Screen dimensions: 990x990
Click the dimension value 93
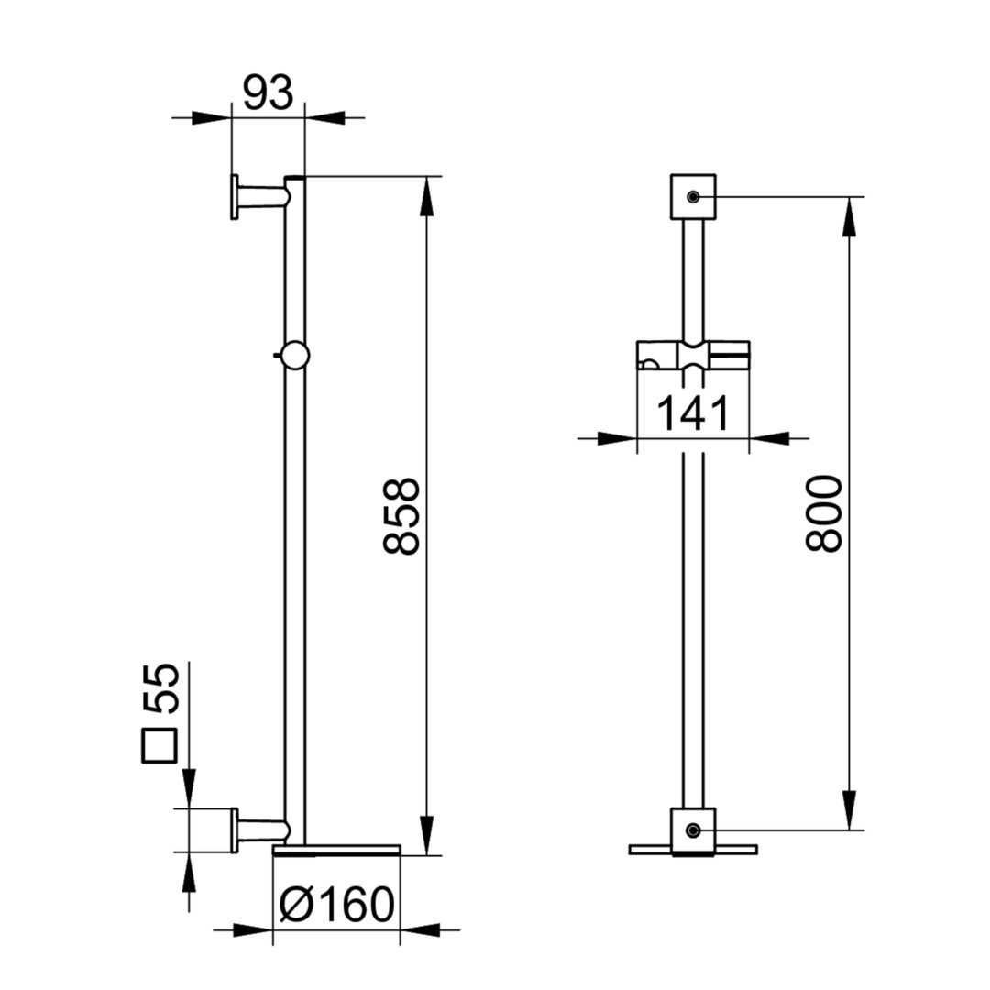point(269,93)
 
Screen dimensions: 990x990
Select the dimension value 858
point(401,516)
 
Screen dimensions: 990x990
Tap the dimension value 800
point(825,514)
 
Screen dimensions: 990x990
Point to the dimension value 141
point(693,413)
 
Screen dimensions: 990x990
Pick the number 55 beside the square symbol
point(160,688)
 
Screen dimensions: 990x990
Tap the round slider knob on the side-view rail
point(294,355)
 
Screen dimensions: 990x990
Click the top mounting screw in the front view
point(693,197)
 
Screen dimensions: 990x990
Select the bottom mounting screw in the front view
point(693,830)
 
